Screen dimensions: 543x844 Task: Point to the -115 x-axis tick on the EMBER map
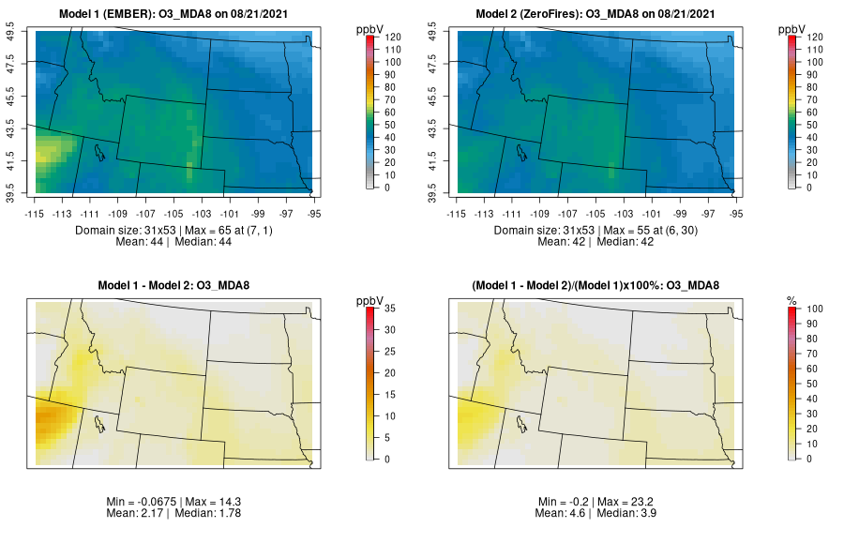(35, 213)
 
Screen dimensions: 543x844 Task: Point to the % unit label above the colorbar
(791, 300)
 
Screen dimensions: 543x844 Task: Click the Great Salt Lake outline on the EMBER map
(98, 150)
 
